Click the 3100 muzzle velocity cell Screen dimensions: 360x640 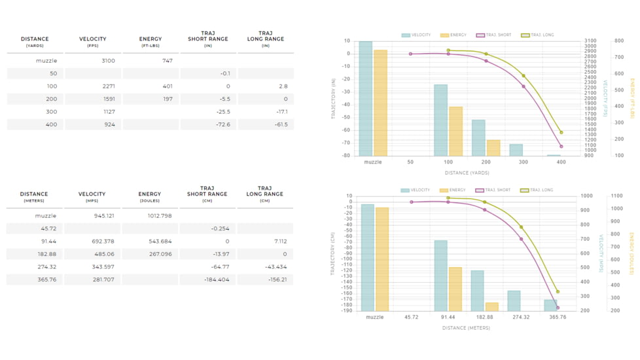tap(108, 61)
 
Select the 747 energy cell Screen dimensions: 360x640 tap(167, 61)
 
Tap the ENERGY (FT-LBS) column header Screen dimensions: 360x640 tap(151, 42)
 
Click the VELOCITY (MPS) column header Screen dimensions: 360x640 tap(92, 197)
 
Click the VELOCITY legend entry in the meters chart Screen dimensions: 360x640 tap(416, 190)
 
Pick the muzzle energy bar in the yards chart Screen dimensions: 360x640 tap(380, 102)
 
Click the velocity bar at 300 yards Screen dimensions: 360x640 tap(516, 150)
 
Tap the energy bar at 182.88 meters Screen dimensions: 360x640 tap(492, 307)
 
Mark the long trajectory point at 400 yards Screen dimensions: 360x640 tap(561, 132)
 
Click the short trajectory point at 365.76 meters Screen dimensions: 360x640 tap(558, 308)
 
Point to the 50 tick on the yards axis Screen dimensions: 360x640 tap(410, 162)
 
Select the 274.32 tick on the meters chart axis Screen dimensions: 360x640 tap(521, 317)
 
